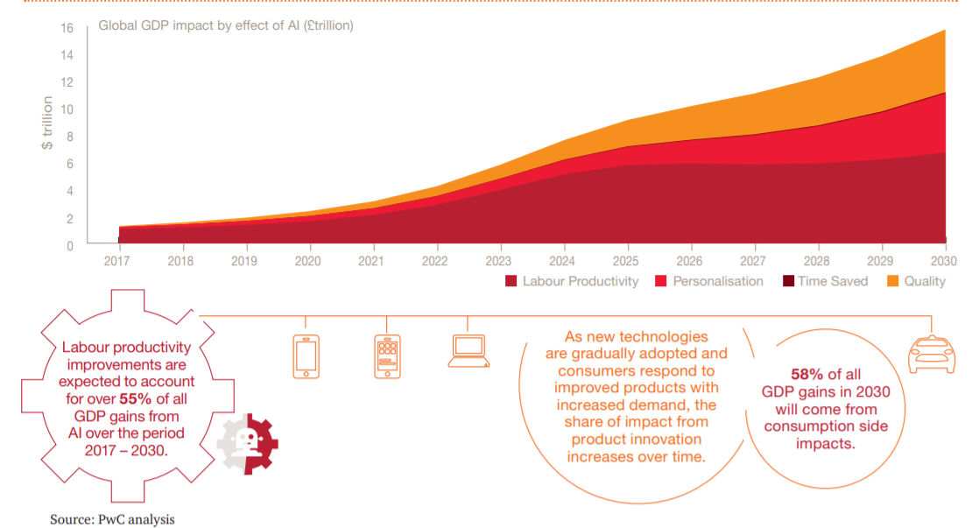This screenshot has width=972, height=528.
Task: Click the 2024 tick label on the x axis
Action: point(563,260)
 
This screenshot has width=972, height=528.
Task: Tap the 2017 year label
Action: point(117,260)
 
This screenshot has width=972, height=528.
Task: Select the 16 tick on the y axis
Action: point(67,28)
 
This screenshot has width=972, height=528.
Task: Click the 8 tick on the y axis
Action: point(70,137)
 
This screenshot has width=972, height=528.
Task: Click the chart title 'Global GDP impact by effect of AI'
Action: point(225,25)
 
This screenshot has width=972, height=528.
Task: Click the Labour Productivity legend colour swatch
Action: point(511,281)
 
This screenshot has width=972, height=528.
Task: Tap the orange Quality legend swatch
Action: point(892,281)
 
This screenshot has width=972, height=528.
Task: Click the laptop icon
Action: point(468,350)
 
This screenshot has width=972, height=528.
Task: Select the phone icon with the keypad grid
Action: point(387,356)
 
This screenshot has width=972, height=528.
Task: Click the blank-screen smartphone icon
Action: point(306,356)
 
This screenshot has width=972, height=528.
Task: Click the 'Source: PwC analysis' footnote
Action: point(112,519)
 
